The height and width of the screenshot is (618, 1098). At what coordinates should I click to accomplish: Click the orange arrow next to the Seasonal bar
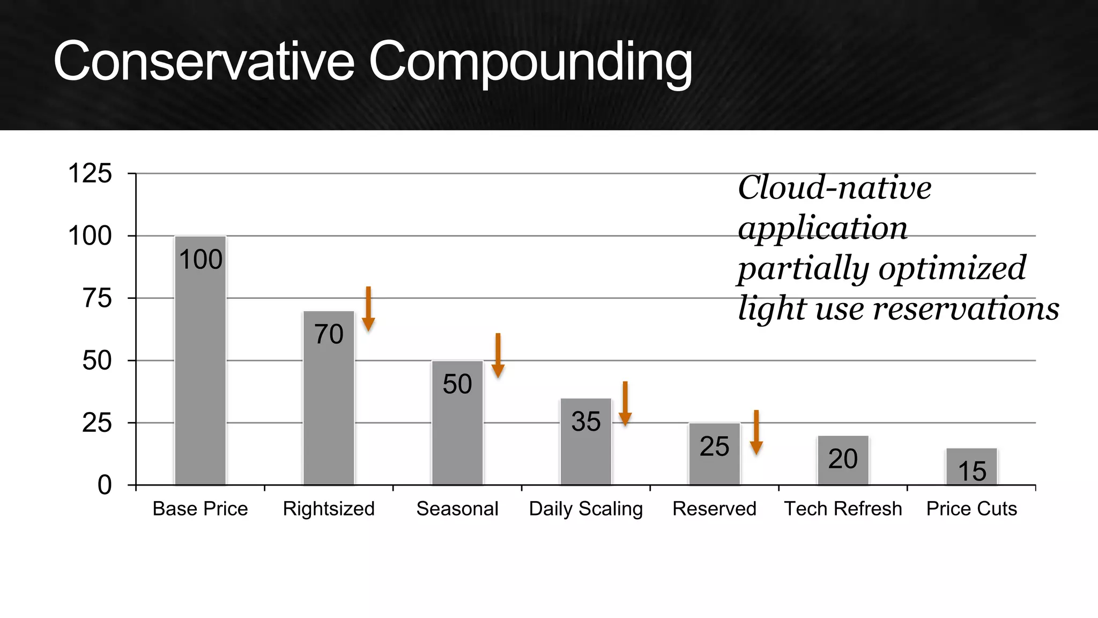[498, 355]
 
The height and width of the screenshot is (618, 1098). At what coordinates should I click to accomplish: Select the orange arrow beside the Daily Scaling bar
[625, 403]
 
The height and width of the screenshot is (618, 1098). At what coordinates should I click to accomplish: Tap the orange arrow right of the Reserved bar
[756, 432]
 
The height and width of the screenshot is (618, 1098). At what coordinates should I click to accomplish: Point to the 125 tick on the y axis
[90, 174]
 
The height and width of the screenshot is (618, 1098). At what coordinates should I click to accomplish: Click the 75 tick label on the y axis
[97, 298]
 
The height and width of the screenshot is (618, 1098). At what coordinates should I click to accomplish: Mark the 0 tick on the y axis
[105, 485]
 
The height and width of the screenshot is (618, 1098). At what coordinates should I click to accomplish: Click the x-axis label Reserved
[714, 509]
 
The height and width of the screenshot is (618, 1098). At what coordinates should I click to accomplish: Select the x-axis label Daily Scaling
[585, 509]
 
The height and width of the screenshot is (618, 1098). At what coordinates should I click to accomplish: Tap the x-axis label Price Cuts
[971, 509]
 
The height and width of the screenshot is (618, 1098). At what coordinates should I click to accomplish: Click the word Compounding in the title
[530, 63]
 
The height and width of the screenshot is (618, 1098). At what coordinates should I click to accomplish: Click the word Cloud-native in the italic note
[834, 188]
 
